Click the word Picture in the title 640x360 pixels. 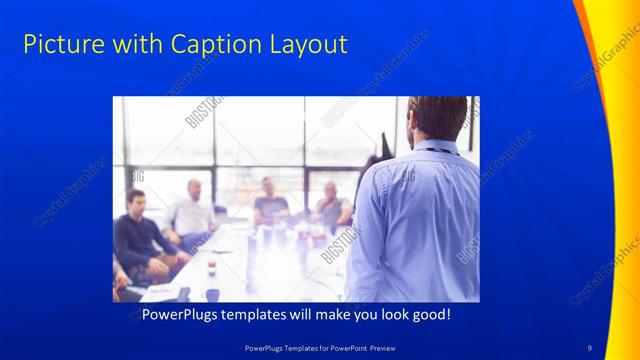59,45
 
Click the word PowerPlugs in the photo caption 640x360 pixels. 181,315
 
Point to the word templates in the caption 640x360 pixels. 265,315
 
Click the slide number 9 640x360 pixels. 590,347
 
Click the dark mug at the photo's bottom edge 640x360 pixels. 212,295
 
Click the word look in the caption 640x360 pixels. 384,315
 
